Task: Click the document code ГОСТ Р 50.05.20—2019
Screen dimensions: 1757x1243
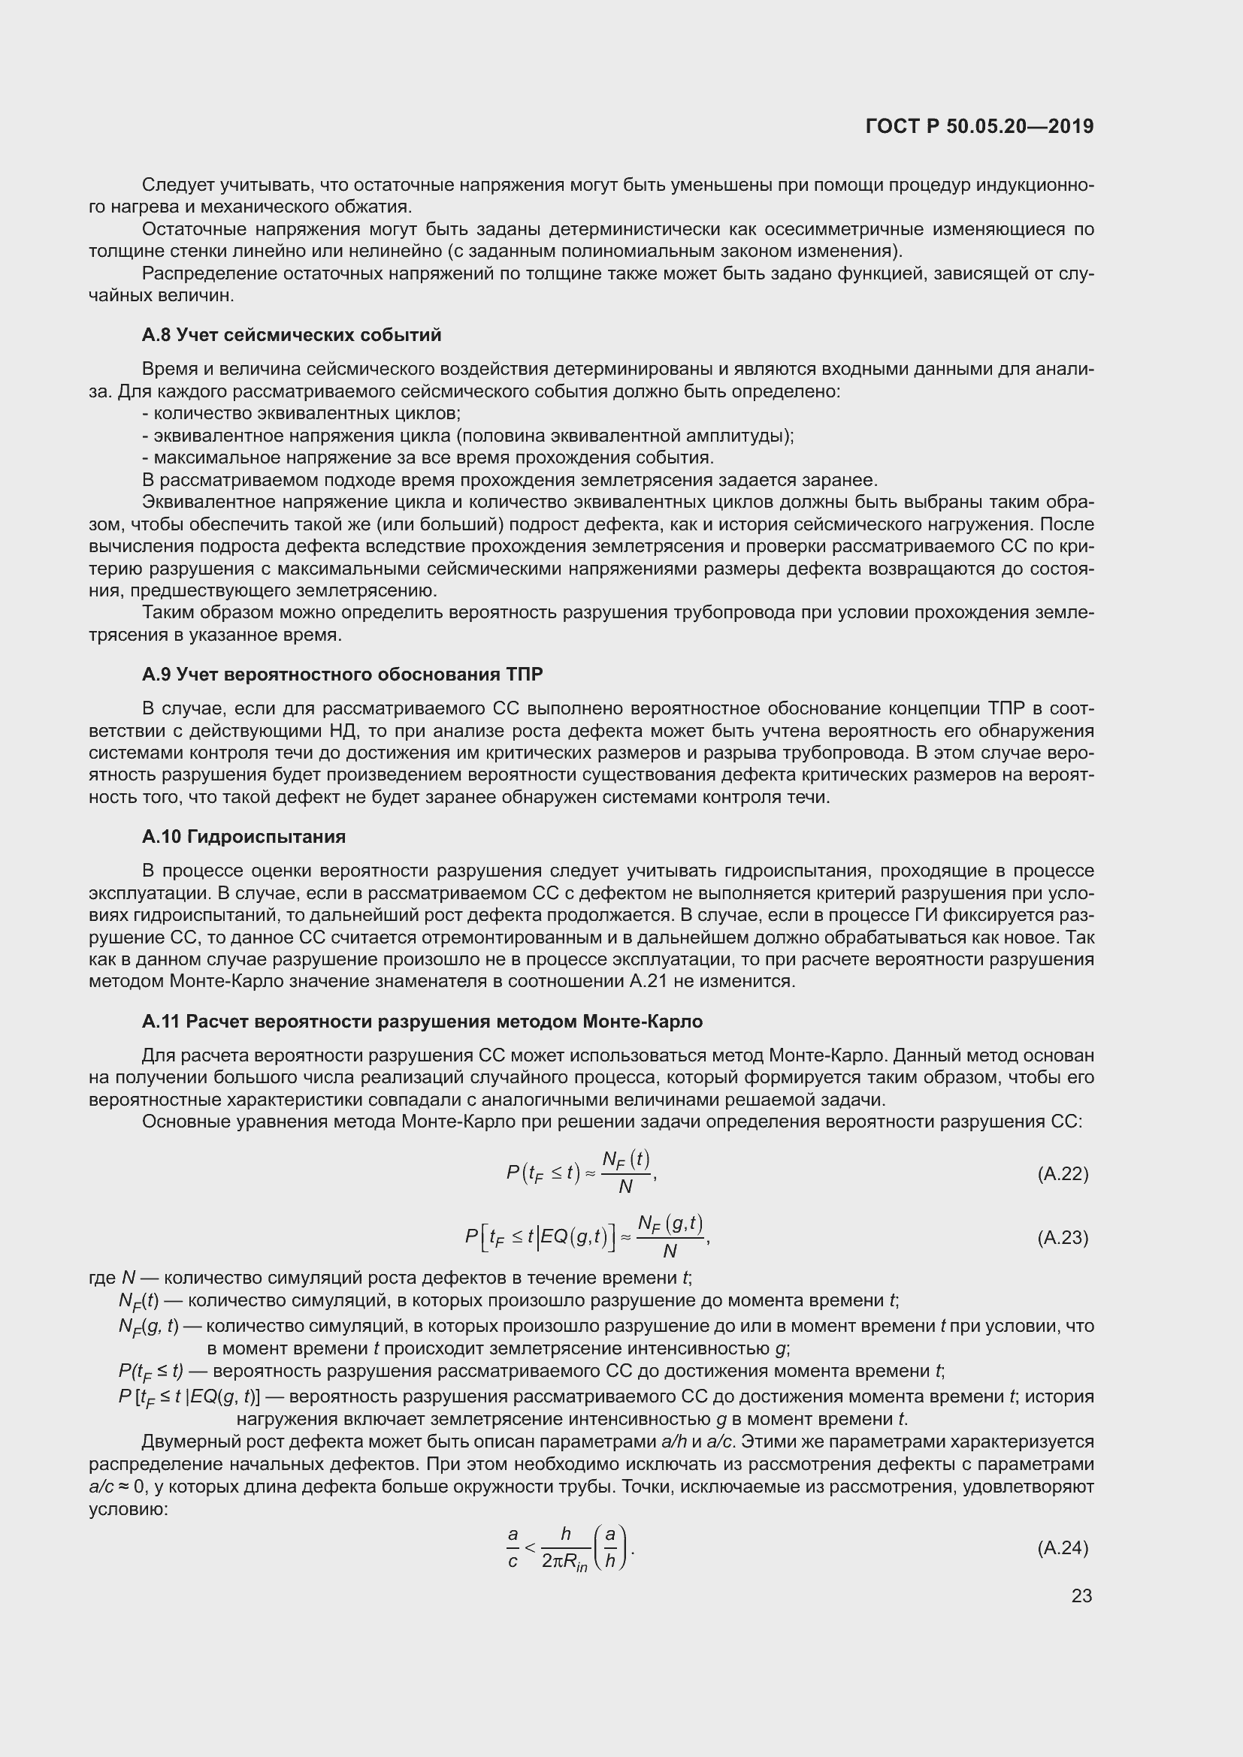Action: pos(979,127)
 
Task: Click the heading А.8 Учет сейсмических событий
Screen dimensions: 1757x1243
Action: pos(292,335)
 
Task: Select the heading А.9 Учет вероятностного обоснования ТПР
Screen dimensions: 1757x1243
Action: pos(342,674)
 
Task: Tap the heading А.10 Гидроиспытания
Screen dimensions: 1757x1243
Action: pos(243,836)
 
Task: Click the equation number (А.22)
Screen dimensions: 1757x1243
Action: pos(1063,1174)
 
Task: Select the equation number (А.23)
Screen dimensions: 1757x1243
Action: pos(1063,1237)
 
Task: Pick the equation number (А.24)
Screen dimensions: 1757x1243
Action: pos(1063,1548)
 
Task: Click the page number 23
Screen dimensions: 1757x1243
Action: pos(1081,1595)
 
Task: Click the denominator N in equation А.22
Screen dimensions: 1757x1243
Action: pos(625,1187)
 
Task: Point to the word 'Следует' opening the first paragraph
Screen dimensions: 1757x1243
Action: pos(178,186)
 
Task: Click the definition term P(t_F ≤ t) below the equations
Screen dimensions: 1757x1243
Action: pos(151,1371)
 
